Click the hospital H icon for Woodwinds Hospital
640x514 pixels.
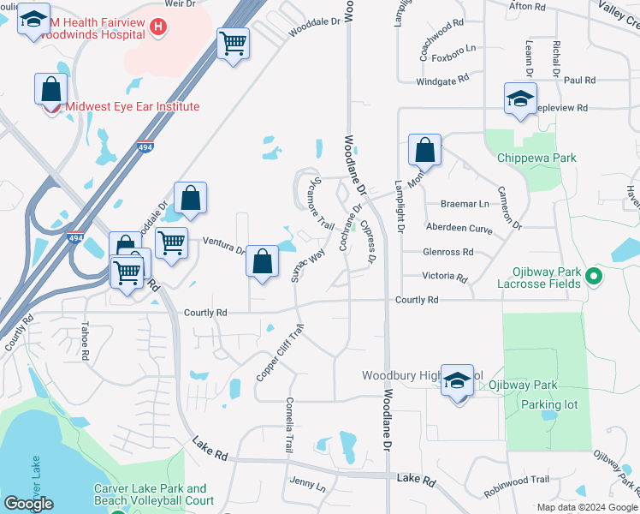[157, 28]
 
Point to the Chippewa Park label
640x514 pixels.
[536, 158]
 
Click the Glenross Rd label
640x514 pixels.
[448, 252]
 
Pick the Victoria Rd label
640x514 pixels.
[445, 278]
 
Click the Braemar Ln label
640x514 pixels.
[465, 204]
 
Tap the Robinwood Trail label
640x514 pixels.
[516, 487]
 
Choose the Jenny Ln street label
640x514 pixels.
[308, 486]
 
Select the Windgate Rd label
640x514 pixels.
[443, 79]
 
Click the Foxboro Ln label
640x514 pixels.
[453, 59]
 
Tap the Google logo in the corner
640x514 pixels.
[29, 504]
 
